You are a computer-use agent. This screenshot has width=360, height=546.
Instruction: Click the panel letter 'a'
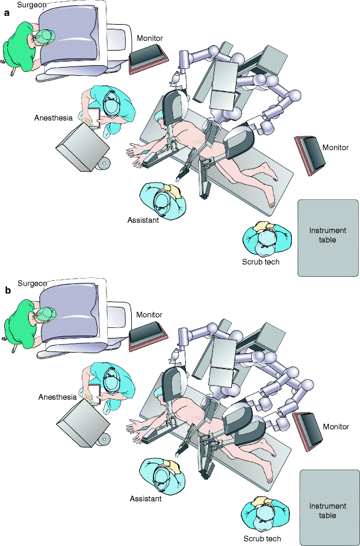pyautogui.click(x=8, y=17)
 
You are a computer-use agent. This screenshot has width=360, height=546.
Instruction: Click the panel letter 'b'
pyautogui.click(x=8, y=290)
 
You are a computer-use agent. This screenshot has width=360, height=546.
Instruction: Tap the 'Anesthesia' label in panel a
pyautogui.click(x=54, y=118)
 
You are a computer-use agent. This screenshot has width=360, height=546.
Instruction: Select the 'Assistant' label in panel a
pyautogui.click(x=143, y=221)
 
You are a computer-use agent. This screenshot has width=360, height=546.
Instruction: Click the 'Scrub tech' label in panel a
pyautogui.click(x=260, y=262)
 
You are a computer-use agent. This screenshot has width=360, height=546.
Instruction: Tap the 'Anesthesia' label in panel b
pyautogui.click(x=58, y=397)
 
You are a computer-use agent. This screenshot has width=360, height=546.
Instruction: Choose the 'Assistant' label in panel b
pyautogui.click(x=146, y=499)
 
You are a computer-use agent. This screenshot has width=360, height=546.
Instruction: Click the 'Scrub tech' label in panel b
pyautogui.click(x=262, y=538)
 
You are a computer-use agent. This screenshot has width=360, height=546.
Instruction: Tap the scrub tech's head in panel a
pyautogui.click(x=266, y=237)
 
